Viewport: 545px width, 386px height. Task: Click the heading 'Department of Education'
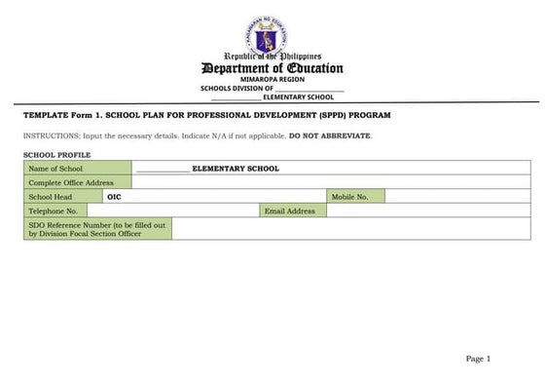pos(272,69)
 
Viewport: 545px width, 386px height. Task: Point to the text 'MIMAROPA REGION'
pos(272,79)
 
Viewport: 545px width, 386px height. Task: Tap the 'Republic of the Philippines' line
pos(272,58)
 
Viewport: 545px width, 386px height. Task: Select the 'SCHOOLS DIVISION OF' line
pos(272,88)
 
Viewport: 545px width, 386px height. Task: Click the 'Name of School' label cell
pos(78,169)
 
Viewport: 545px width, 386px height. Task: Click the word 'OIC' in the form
pos(115,196)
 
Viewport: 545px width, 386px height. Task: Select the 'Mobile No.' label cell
pos(356,196)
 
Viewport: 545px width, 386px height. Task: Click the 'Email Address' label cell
pos(289,211)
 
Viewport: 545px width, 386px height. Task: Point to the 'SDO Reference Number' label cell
pos(97,229)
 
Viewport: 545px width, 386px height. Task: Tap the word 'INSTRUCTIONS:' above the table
pos(50,135)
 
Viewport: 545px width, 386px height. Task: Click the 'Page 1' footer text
pos(478,359)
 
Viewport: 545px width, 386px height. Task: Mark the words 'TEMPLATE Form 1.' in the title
pos(57,115)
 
